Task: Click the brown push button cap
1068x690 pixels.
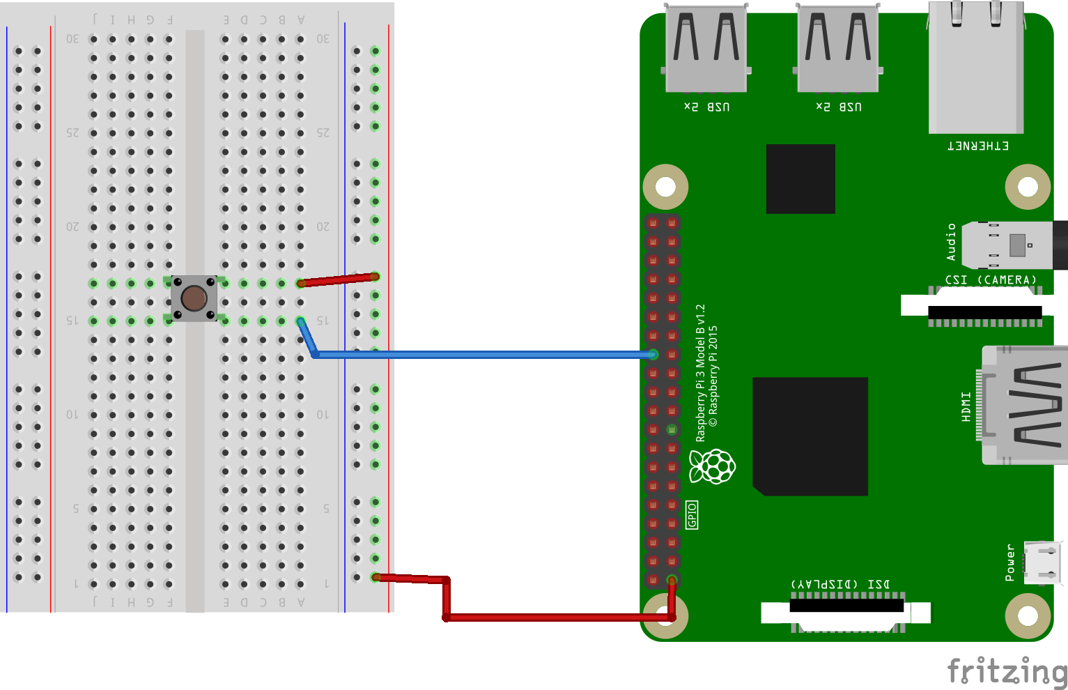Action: point(194,298)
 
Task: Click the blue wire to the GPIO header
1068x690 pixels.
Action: point(481,355)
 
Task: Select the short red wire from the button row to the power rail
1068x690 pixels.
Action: point(338,280)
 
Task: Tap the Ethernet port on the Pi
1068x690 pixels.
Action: point(975,70)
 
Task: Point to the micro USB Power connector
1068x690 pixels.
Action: point(1044,562)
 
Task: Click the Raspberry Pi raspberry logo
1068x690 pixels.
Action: point(713,466)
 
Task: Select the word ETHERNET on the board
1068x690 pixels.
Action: point(978,146)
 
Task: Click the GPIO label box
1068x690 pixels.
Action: point(692,514)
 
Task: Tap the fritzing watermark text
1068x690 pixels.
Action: point(1007,671)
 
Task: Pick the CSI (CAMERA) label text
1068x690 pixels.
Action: point(991,279)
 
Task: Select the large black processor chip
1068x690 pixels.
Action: point(810,436)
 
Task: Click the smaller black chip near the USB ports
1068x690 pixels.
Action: point(800,179)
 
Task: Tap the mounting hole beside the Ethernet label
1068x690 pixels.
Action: point(1028,187)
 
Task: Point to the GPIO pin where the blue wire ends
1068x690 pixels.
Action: point(653,355)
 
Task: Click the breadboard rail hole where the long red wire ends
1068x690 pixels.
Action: point(376,577)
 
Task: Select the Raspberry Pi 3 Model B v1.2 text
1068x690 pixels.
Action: point(701,373)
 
